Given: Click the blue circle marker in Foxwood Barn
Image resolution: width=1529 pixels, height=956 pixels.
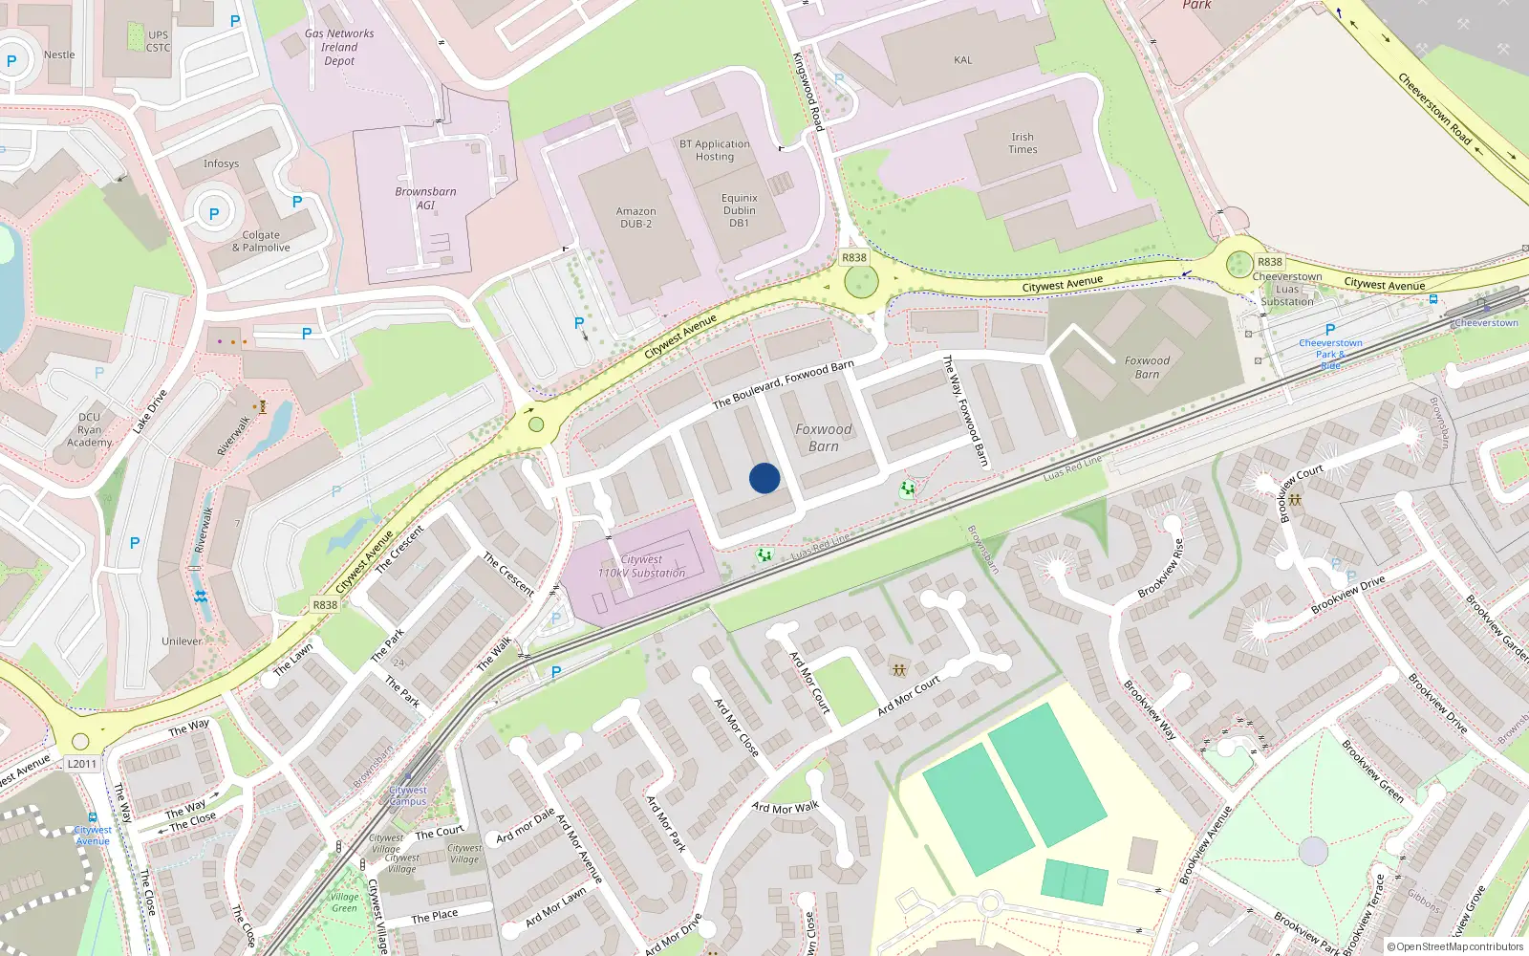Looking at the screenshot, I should [x=764, y=478].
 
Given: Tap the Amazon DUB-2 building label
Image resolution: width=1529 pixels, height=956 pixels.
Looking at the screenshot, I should [x=635, y=218].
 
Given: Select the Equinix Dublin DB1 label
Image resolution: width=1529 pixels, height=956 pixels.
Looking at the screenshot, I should [x=739, y=210].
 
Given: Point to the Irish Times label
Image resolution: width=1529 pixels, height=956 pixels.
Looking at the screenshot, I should [x=1023, y=143].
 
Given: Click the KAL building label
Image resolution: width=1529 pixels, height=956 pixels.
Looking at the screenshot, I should [x=962, y=60].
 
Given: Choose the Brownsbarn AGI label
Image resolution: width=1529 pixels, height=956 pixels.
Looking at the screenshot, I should [x=425, y=198].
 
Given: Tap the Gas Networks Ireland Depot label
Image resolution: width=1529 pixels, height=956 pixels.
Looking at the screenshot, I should [x=339, y=47].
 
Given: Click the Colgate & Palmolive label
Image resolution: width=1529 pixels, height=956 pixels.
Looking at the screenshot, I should [x=261, y=241].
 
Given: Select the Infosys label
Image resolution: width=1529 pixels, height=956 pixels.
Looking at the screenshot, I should [x=221, y=163].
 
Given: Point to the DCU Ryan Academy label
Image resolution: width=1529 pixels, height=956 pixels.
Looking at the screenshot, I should [x=89, y=429].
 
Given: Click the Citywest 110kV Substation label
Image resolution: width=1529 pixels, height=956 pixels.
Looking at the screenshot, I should [x=641, y=566].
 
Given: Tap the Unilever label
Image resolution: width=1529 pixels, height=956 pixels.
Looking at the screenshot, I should [x=182, y=641].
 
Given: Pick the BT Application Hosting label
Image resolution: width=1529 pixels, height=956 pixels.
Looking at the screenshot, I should [x=715, y=150].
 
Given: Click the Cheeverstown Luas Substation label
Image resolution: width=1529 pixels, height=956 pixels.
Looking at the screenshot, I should [x=1287, y=289].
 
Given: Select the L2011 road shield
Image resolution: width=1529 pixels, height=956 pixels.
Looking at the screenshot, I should [x=82, y=764].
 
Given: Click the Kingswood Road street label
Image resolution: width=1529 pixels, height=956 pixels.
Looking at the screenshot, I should [x=808, y=91].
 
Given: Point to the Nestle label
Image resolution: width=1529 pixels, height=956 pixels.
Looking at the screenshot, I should [x=59, y=54].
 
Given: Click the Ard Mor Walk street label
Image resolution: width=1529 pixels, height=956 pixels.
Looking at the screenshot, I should [x=786, y=808].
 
